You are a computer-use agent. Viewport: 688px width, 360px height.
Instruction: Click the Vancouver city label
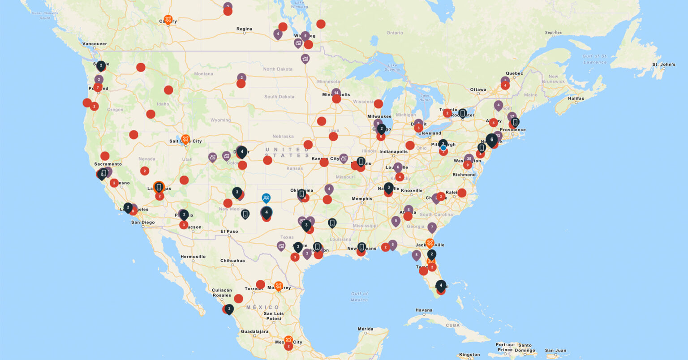tap(95, 44)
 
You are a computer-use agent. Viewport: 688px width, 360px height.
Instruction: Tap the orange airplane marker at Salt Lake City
tap(185, 139)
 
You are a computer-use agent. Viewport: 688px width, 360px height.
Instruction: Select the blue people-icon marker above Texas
tap(266, 197)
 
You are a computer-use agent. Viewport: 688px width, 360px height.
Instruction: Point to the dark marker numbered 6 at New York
tap(492, 140)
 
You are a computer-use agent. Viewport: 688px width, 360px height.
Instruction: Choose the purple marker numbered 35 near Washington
tap(469, 159)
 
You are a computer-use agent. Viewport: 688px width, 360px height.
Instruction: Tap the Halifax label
tap(576, 99)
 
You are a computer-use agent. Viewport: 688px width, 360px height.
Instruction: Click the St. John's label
tap(663, 64)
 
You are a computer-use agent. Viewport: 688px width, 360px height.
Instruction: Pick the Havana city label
tap(423, 310)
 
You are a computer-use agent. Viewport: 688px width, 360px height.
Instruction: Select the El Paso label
tap(229, 231)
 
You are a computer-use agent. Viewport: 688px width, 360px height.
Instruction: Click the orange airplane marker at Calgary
tap(168, 19)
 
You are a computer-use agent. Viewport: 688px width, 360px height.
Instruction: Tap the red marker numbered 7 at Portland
tap(98, 87)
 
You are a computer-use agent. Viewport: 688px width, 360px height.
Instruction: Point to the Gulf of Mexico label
tap(359, 296)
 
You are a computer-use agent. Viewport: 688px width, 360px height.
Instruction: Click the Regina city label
tap(244, 29)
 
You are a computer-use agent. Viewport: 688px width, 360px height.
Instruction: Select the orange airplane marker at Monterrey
tap(279, 286)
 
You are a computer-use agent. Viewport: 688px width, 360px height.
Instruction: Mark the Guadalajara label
tap(254, 332)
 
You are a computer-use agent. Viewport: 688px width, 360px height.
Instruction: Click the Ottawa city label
tap(478, 90)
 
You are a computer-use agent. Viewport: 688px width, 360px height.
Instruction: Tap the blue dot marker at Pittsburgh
tap(443, 148)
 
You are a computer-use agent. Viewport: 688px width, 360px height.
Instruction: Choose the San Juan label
tap(555, 351)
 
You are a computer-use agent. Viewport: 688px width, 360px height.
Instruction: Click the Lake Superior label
tap(392, 67)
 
